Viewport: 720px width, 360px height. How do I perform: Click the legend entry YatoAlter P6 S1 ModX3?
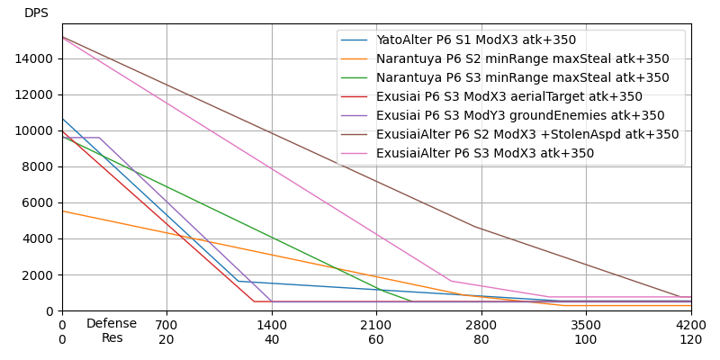(x=476, y=40)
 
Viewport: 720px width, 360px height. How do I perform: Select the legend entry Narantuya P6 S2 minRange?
(x=523, y=59)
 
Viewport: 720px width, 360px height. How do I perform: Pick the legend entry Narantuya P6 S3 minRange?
(x=523, y=78)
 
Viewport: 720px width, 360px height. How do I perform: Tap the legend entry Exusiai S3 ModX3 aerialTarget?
(x=509, y=97)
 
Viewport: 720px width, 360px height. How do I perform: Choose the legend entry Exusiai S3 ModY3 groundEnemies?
(x=520, y=116)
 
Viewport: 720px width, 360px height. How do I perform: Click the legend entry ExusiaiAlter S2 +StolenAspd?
(x=527, y=135)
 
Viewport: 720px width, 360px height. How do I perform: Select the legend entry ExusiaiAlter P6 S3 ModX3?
(x=485, y=154)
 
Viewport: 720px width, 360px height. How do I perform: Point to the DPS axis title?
(x=36, y=13)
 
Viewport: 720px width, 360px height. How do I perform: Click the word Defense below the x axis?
(x=112, y=324)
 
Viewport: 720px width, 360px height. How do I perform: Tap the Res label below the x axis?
(x=112, y=338)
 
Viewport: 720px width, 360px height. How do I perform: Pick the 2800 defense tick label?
(x=481, y=324)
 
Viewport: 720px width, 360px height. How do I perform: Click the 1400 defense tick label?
(x=272, y=324)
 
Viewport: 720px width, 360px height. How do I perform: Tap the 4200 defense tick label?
(x=691, y=324)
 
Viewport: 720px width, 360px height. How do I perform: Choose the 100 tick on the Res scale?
(x=586, y=339)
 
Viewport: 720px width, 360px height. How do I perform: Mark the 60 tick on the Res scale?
(x=376, y=339)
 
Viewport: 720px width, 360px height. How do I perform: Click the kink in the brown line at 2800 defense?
(x=477, y=228)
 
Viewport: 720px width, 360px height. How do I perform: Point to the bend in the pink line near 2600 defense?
(x=452, y=281)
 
